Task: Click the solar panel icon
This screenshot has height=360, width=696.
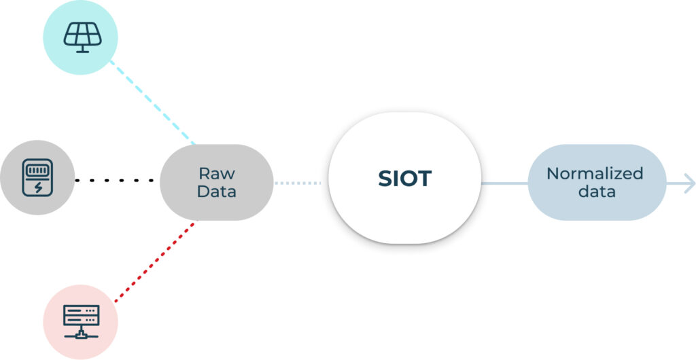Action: [82, 37]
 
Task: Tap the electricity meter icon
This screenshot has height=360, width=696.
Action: [37, 177]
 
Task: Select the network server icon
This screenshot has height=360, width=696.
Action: [82, 321]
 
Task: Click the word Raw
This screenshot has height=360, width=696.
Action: [217, 173]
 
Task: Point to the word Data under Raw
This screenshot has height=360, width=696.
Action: [217, 192]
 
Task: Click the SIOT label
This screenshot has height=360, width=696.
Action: [405, 178]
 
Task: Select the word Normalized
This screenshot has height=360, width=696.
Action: [595, 173]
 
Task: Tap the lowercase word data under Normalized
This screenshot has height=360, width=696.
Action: [597, 192]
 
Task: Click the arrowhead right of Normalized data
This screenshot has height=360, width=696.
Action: [690, 183]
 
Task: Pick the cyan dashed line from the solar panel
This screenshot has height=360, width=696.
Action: [152, 102]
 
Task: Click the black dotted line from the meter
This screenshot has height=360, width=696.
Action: [114, 181]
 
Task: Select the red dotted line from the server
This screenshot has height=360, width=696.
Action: [154, 262]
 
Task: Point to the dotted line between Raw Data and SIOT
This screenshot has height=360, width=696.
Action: [298, 183]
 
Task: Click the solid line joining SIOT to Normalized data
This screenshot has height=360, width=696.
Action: [505, 183]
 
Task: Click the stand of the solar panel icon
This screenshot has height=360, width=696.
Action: [82, 49]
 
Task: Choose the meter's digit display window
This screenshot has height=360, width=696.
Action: [37, 170]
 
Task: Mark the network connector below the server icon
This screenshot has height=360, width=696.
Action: [82, 334]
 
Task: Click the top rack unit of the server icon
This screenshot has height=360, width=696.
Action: [82, 310]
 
